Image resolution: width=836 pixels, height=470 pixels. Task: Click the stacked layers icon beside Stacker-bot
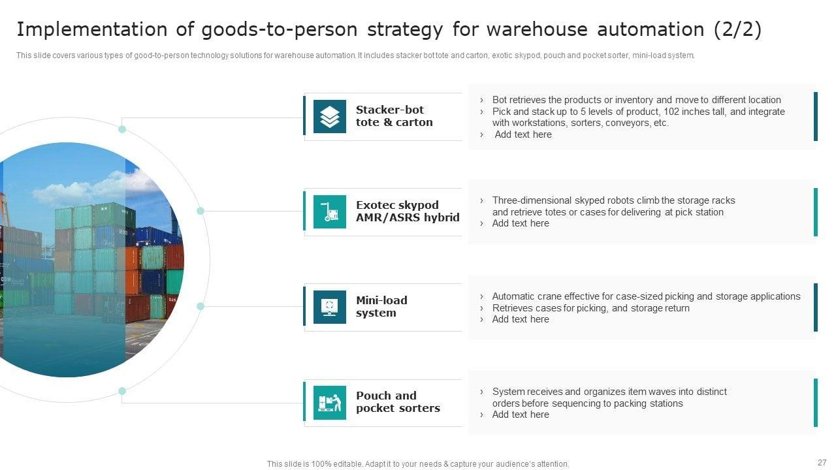pyautogui.click(x=330, y=116)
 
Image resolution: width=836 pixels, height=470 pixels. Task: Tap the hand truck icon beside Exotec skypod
pyautogui.click(x=330, y=211)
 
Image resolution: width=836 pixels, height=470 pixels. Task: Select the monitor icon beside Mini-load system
pyautogui.click(x=330, y=307)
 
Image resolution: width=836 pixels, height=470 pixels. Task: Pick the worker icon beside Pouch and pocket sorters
pyautogui.click(x=330, y=402)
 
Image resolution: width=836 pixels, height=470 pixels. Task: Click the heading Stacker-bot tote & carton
pyautogui.click(x=394, y=116)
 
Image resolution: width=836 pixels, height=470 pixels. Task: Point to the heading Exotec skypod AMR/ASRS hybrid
pyautogui.click(x=408, y=211)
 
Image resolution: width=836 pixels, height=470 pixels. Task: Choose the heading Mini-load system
pyautogui.click(x=381, y=307)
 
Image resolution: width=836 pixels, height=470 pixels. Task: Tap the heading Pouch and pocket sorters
pyautogui.click(x=398, y=402)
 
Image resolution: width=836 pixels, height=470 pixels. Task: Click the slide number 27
pyautogui.click(x=822, y=462)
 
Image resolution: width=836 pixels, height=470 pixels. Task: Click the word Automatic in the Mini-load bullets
pyautogui.click(x=513, y=296)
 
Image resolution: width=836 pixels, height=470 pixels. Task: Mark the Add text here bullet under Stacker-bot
pyautogui.click(x=523, y=134)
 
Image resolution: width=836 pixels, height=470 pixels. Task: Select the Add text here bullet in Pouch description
pyautogui.click(x=521, y=415)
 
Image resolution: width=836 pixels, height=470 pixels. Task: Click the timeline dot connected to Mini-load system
pyautogui.click(x=201, y=306)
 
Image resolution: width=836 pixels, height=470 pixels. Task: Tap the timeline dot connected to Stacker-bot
pyautogui.click(x=122, y=129)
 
